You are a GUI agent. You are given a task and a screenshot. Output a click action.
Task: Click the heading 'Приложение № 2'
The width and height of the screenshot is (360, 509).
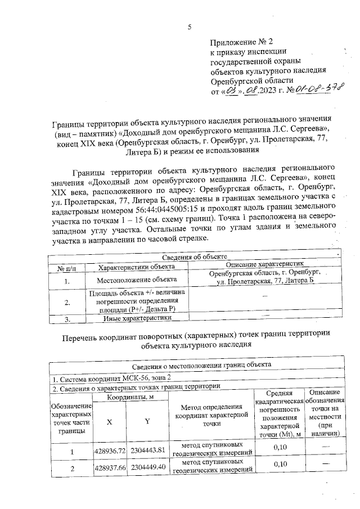(241, 43)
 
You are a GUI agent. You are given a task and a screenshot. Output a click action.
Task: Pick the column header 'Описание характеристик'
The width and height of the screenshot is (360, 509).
(264, 264)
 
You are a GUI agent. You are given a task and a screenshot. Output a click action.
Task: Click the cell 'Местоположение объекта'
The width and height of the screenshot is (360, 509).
(137, 280)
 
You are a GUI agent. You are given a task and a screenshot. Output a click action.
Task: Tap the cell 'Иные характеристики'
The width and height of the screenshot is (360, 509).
(137, 318)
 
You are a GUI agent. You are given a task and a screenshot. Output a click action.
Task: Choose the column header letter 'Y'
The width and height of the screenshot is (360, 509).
(147, 422)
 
